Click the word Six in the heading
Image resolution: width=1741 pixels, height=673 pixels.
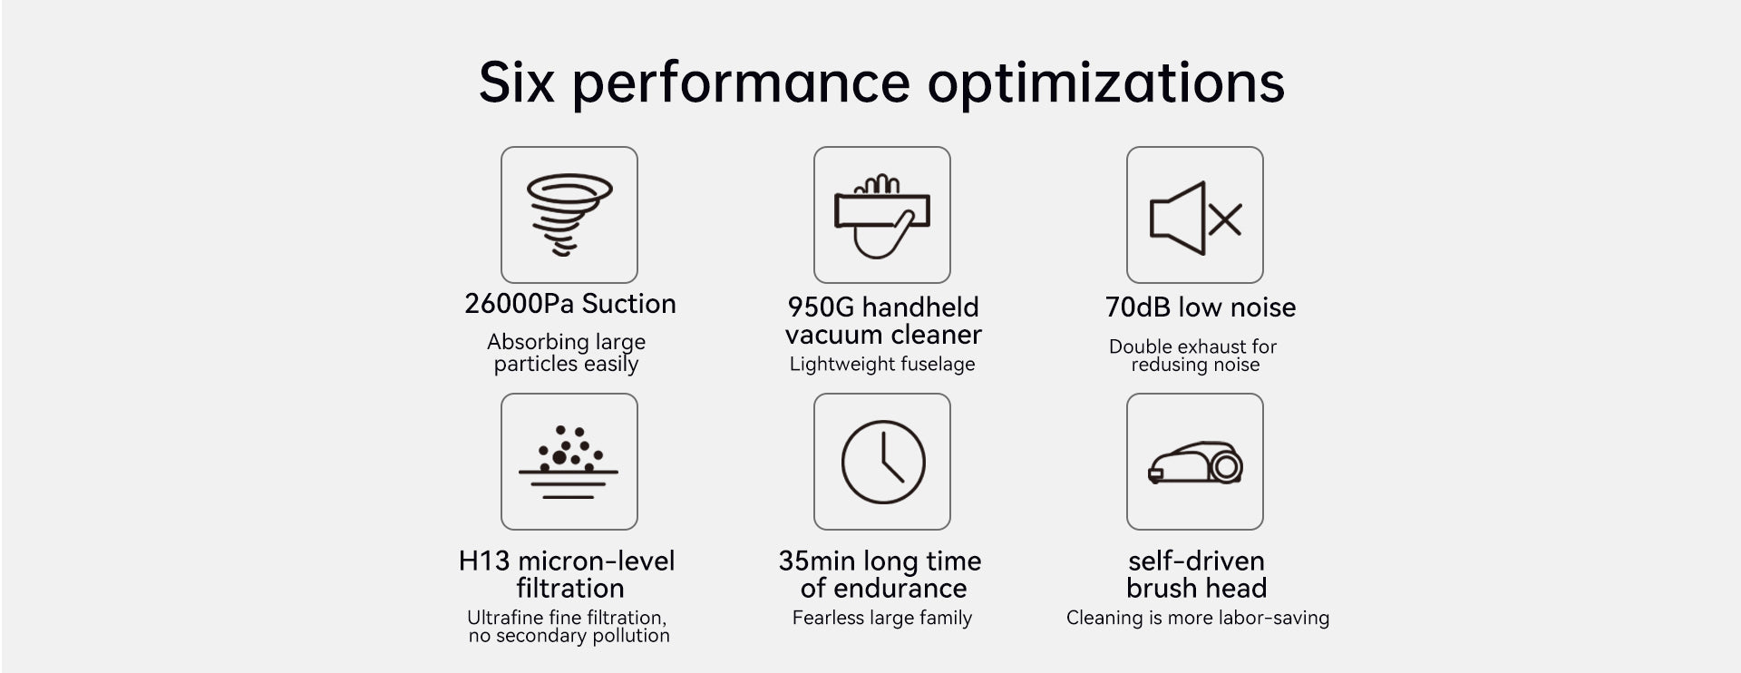tap(516, 83)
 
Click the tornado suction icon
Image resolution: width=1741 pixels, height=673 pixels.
tap(569, 215)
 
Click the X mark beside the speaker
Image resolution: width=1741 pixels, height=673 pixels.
tap(1225, 219)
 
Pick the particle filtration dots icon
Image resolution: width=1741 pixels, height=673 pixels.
tap(569, 462)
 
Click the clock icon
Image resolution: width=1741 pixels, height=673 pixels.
tap(883, 462)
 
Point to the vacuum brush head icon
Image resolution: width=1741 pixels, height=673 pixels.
tap(1195, 463)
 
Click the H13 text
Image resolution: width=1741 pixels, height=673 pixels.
tap(484, 561)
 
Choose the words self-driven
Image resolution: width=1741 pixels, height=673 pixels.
tap(1196, 561)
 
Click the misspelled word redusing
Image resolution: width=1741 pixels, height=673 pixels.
tap(1162, 365)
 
